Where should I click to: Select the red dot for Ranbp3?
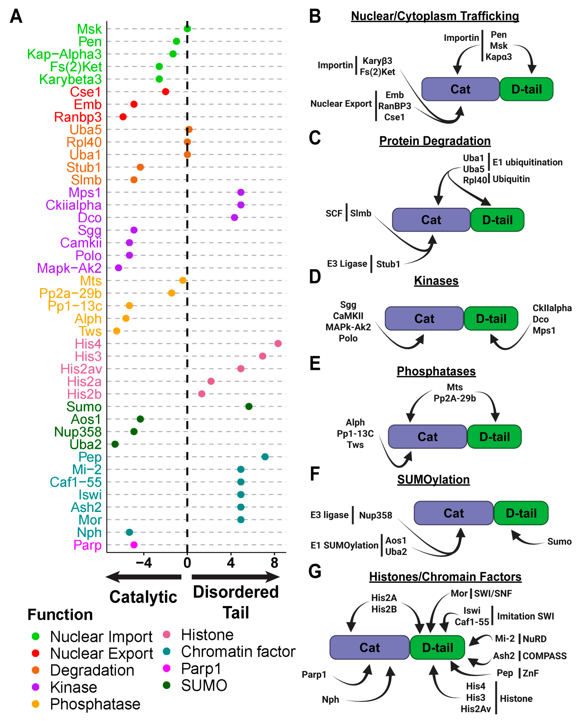pos(123,117)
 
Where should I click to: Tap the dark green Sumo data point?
pos(249,407)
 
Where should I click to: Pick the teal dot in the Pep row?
pos(265,457)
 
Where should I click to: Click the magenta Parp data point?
pos(134,545)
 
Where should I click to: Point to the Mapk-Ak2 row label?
pos(69,268)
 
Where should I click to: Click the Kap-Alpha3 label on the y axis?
pos(64,54)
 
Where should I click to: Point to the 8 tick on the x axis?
pos(274,563)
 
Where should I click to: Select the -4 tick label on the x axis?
pos(144,563)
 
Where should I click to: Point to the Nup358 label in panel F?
pos(375,515)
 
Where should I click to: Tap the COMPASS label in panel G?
pos(544,656)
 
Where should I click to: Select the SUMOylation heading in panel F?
pos(433,479)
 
